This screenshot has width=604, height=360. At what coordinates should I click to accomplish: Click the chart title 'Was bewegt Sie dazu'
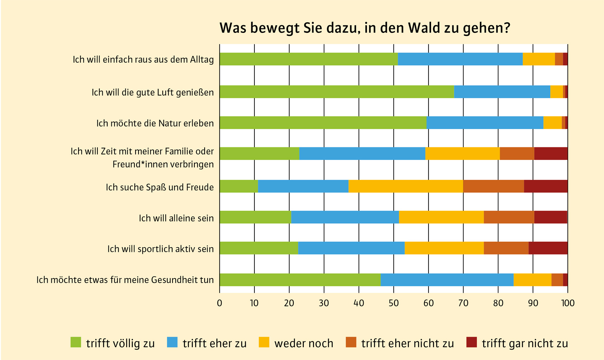[x=365, y=28]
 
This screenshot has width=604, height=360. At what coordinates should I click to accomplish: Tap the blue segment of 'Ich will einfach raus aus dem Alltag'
[x=460, y=59]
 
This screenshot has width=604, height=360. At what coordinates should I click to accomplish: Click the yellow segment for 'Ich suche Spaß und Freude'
[x=406, y=186]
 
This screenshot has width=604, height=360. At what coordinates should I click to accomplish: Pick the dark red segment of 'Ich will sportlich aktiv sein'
[x=548, y=248]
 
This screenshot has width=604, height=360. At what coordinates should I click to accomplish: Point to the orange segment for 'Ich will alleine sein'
[x=509, y=217]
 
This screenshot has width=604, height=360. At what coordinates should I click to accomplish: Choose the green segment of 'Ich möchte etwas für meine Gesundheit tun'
[x=300, y=280]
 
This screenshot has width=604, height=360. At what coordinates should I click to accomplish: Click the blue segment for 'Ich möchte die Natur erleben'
[x=485, y=123]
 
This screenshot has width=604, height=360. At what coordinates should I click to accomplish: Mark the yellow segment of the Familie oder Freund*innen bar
[x=462, y=153]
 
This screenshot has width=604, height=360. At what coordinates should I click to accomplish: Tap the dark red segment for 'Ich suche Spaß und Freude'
[x=545, y=186]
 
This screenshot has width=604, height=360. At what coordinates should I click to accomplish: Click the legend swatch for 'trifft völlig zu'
[x=76, y=342]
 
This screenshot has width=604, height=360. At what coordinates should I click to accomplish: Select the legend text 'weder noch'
[x=304, y=343]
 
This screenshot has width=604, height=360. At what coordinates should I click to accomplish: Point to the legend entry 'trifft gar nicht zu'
[x=525, y=343]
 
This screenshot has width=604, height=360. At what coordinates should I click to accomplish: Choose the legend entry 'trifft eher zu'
[x=214, y=343]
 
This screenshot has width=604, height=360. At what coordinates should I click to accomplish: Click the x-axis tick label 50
[x=394, y=303]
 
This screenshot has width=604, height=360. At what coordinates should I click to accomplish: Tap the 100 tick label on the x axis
[x=568, y=303]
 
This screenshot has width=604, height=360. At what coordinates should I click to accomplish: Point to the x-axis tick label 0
[x=220, y=303]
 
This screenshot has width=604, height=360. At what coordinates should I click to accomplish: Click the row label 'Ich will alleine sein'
[x=176, y=218]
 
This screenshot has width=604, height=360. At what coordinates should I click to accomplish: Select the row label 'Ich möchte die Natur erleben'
[x=155, y=123]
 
